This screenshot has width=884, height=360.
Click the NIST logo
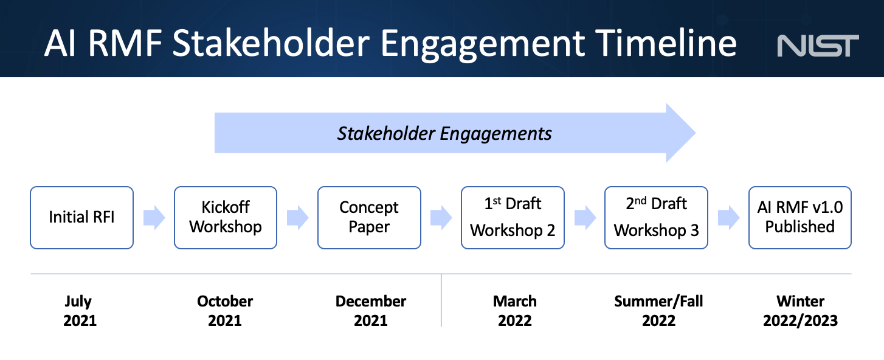(x=818, y=46)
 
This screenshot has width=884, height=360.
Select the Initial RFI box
(x=81, y=218)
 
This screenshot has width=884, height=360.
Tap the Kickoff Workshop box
(x=226, y=218)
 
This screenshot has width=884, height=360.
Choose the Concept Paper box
(x=369, y=218)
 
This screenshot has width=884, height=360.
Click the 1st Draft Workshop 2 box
(x=513, y=218)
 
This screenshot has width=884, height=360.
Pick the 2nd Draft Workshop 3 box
(x=656, y=218)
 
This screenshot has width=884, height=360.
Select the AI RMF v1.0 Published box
(x=800, y=218)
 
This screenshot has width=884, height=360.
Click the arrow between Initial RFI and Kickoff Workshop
(x=154, y=218)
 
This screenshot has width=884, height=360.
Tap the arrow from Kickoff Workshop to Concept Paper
(x=297, y=218)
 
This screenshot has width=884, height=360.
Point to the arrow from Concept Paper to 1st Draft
(x=441, y=218)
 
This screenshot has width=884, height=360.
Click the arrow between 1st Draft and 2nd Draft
(x=585, y=218)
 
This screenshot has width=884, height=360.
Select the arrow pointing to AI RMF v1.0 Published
(x=728, y=218)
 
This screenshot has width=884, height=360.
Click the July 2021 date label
(x=80, y=311)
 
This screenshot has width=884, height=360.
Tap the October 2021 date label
(x=225, y=311)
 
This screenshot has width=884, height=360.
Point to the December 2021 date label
(x=371, y=311)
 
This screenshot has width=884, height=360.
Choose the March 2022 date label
(x=514, y=311)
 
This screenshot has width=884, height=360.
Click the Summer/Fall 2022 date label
(x=658, y=311)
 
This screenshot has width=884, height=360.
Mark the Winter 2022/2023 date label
(x=800, y=311)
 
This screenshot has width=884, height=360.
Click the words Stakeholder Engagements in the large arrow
(x=444, y=134)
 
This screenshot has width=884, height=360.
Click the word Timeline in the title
(x=666, y=43)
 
